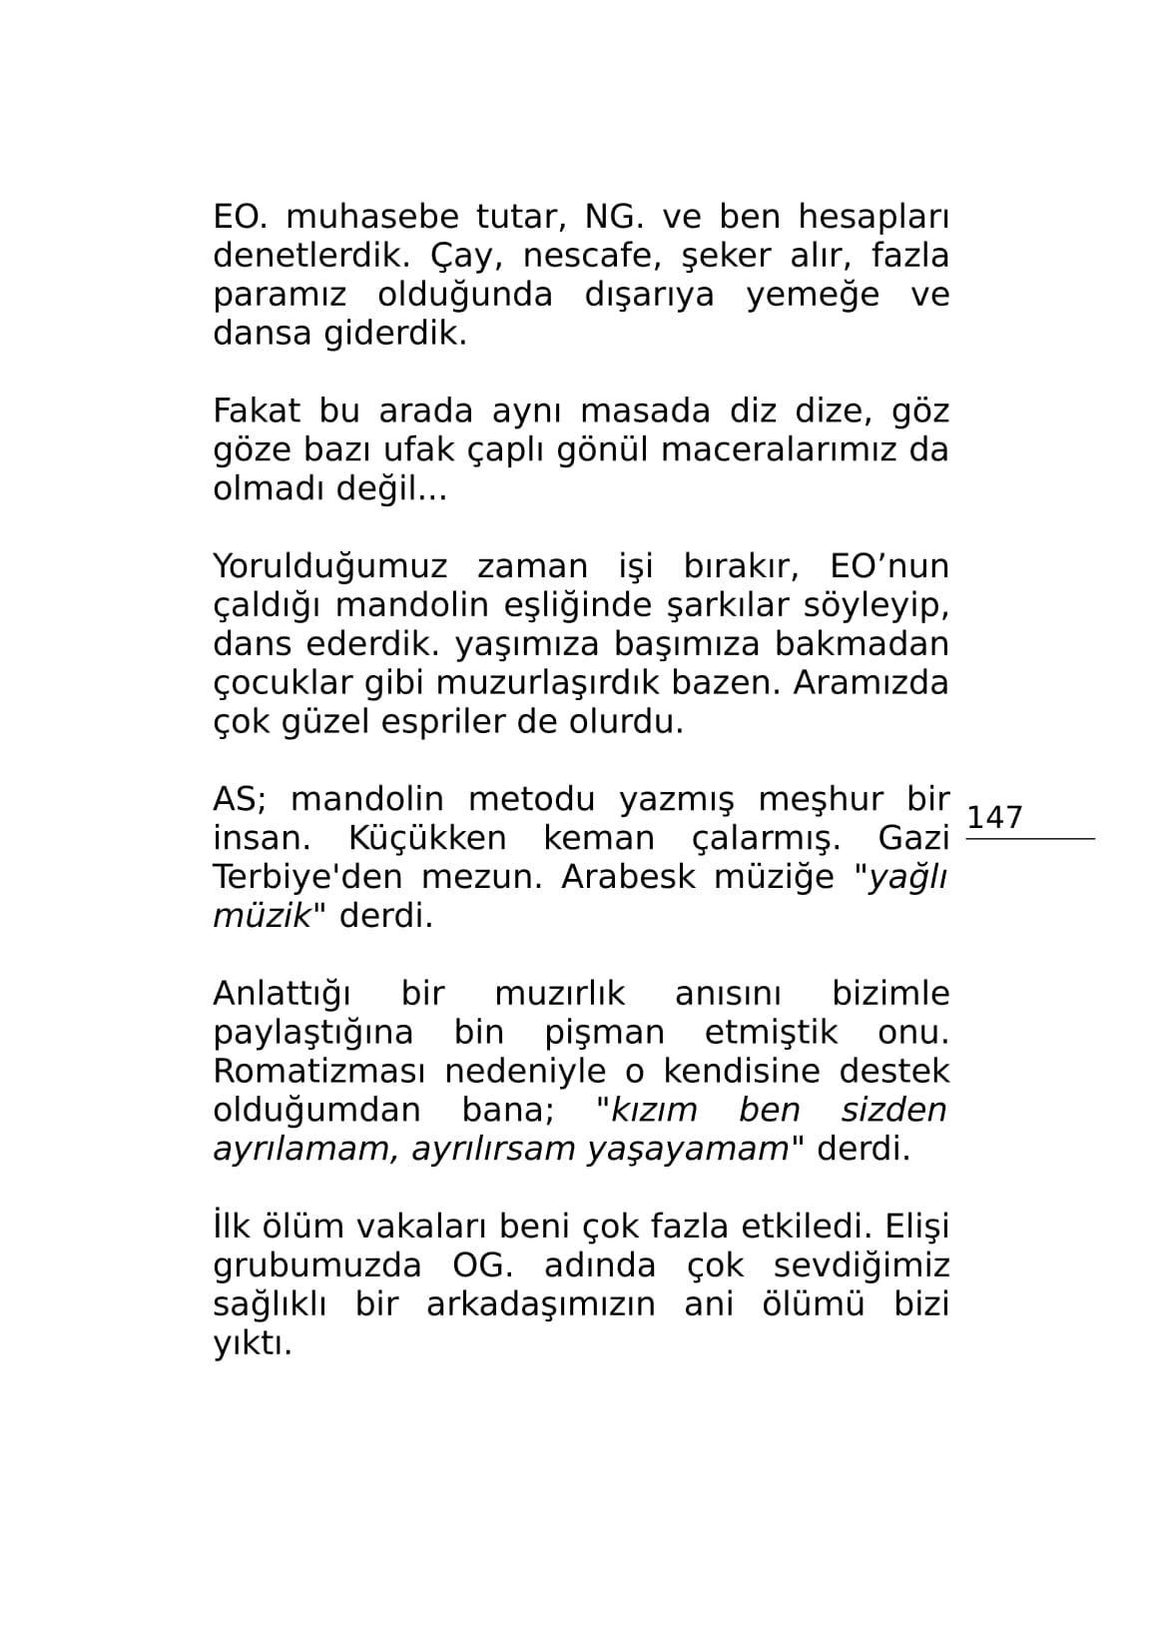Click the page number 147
[994, 817]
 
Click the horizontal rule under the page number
[1029, 839]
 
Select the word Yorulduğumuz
[330, 566]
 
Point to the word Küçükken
[427, 838]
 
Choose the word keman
[599, 838]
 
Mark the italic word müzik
[263, 916]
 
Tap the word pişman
[604, 1032]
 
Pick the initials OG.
[482, 1265]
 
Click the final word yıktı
[252, 1343]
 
